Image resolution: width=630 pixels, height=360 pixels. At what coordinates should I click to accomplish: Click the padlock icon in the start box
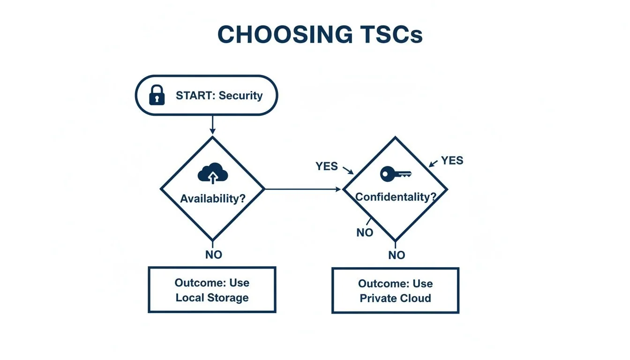coord(157,95)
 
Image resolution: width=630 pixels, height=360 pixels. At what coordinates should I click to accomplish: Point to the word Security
coord(240,96)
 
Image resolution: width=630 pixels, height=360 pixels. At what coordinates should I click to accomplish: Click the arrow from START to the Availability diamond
coord(212,125)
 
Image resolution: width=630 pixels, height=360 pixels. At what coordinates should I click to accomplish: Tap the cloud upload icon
coord(213,175)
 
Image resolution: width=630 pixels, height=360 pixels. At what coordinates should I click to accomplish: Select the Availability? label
coord(213,198)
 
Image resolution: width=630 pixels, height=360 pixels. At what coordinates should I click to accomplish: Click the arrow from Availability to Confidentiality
coord(303,189)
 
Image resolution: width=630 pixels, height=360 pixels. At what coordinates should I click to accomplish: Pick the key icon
coord(395,174)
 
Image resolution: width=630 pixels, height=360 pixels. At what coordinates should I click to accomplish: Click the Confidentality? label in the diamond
coord(395,197)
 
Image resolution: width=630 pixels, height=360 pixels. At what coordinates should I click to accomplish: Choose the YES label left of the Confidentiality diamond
coord(327,166)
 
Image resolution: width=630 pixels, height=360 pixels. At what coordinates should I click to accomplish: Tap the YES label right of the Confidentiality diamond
coord(452,161)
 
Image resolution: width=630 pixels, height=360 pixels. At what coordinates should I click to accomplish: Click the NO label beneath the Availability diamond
coord(213,255)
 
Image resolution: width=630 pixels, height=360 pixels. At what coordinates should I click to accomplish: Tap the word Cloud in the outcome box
coord(415,299)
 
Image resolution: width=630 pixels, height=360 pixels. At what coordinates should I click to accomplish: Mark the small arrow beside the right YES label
coord(433,164)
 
